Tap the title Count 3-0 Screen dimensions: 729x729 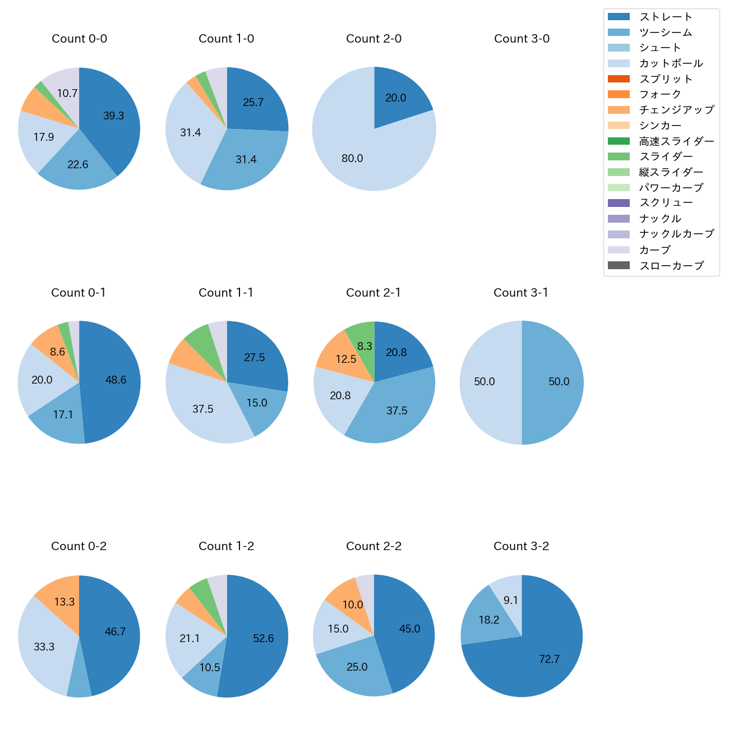(x=522, y=39)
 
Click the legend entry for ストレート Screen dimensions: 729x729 (x=666, y=17)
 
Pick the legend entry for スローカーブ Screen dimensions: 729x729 (x=671, y=266)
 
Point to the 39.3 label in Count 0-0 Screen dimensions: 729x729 (x=114, y=116)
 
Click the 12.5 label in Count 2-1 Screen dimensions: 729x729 (x=346, y=359)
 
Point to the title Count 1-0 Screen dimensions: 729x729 (x=227, y=39)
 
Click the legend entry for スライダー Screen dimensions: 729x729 (x=666, y=156)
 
